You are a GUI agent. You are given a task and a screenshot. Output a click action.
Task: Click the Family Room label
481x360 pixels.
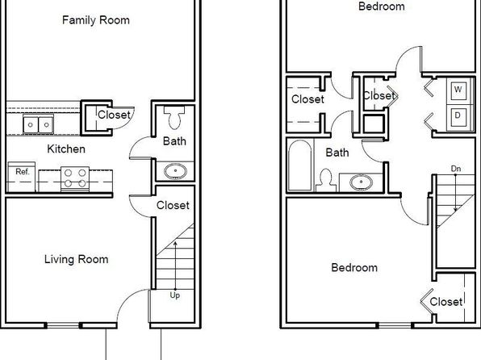96,20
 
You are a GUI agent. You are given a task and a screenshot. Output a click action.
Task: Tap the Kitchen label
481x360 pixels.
66,149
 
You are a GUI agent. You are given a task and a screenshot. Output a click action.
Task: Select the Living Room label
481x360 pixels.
77,259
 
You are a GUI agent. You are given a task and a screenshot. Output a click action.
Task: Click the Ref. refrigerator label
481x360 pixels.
23,172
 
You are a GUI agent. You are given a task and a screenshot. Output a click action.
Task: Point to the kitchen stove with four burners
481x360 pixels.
75,179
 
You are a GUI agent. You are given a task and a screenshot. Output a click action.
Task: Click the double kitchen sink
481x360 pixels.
39,124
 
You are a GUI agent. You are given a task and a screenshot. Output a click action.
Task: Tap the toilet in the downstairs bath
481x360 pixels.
174,118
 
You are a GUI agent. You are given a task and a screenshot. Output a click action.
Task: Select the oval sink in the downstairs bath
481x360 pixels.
175,171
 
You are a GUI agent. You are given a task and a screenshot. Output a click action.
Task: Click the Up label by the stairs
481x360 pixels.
175,295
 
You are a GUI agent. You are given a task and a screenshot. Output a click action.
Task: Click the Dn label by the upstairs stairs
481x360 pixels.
456,169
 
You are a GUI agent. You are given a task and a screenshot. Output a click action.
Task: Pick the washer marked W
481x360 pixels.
458,90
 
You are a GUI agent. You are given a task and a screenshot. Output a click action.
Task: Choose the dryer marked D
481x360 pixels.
458,115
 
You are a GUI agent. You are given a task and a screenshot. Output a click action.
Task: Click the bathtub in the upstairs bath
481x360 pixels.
300,165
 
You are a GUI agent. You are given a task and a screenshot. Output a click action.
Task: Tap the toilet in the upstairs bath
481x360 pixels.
326,181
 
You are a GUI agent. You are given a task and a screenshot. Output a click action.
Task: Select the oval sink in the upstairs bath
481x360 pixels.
361,182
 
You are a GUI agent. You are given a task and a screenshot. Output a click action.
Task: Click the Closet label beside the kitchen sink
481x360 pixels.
114,115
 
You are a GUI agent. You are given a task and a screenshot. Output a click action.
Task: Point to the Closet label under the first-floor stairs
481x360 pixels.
173,205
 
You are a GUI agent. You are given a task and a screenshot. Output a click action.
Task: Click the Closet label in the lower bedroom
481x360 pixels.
446,302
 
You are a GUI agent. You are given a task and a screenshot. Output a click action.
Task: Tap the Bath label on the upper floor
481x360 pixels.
337,153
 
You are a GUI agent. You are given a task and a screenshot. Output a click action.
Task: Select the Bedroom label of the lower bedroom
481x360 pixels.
354,268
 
